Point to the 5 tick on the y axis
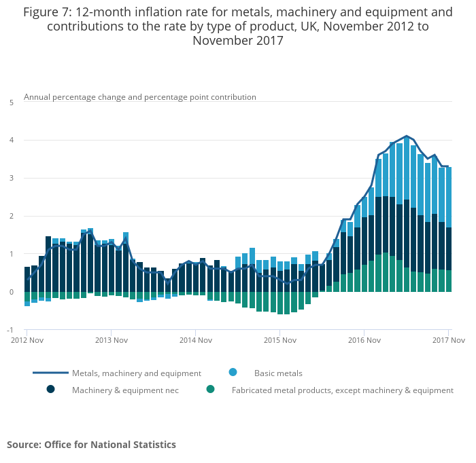coord(11,103)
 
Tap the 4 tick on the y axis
coord(11,141)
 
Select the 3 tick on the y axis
coord(11,179)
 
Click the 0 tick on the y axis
coord(11,292)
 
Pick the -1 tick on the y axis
coord(10,330)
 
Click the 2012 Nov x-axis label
coord(28,339)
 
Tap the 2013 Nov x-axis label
coord(112,339)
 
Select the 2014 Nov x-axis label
coord(196,339)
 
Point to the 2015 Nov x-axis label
coord(280,339)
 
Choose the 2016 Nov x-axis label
coord(364,339)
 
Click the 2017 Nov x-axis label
coord(448,339)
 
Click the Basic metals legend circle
coord(233,372)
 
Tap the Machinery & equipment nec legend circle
coord(50,390)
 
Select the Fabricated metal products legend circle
coord(211,390)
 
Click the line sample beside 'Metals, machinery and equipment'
coord(50,373)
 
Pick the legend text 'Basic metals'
coord(278,373)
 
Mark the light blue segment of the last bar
coord(449,197)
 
